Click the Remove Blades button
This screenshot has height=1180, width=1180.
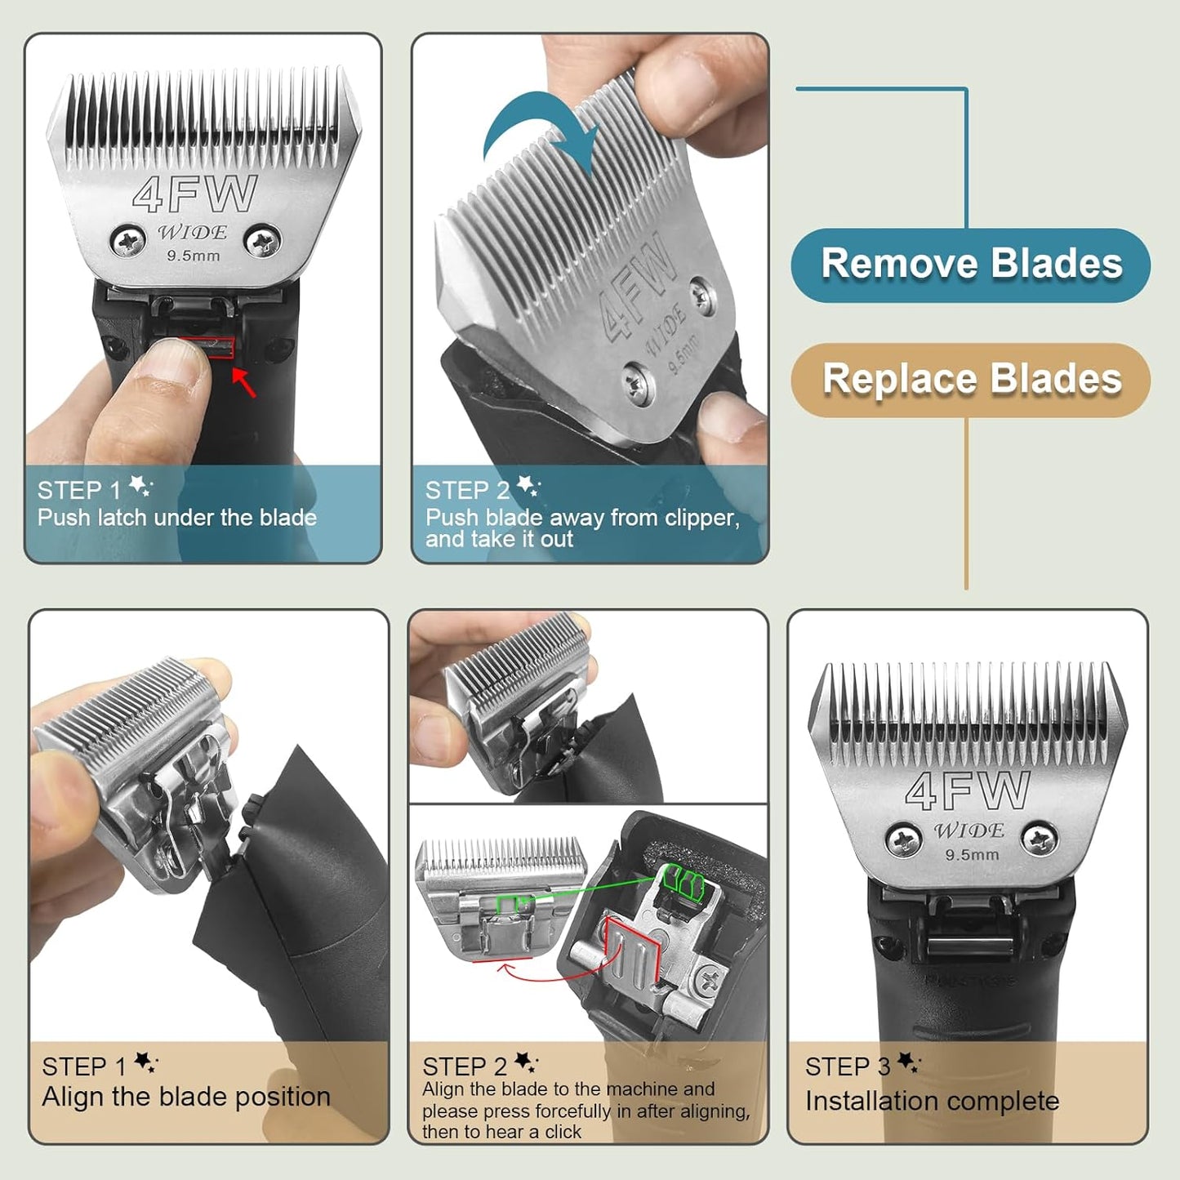(971, 265)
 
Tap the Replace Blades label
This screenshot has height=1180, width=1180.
(971, 380)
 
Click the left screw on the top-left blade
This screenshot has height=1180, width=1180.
(128, 241)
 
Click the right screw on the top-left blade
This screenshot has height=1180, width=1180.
(262, 241)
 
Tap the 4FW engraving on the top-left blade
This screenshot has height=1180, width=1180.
(195, 195)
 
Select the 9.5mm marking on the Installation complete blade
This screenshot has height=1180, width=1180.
(972, 855)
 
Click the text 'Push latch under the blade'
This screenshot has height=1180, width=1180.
(177, 518)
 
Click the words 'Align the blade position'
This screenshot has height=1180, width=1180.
(186, 1097)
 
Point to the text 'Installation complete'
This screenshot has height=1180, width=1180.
(932, 1101)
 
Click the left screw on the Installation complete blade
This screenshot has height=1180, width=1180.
(903, 839)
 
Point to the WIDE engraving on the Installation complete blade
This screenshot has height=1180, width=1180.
(968, 831)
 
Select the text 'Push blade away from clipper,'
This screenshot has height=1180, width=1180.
(582, 518)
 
